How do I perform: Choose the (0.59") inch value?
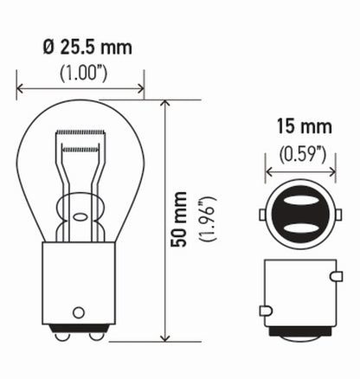tap(298, 155)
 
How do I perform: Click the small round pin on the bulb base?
tap(80, 311)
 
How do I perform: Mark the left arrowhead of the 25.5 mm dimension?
tap(20, 87)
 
